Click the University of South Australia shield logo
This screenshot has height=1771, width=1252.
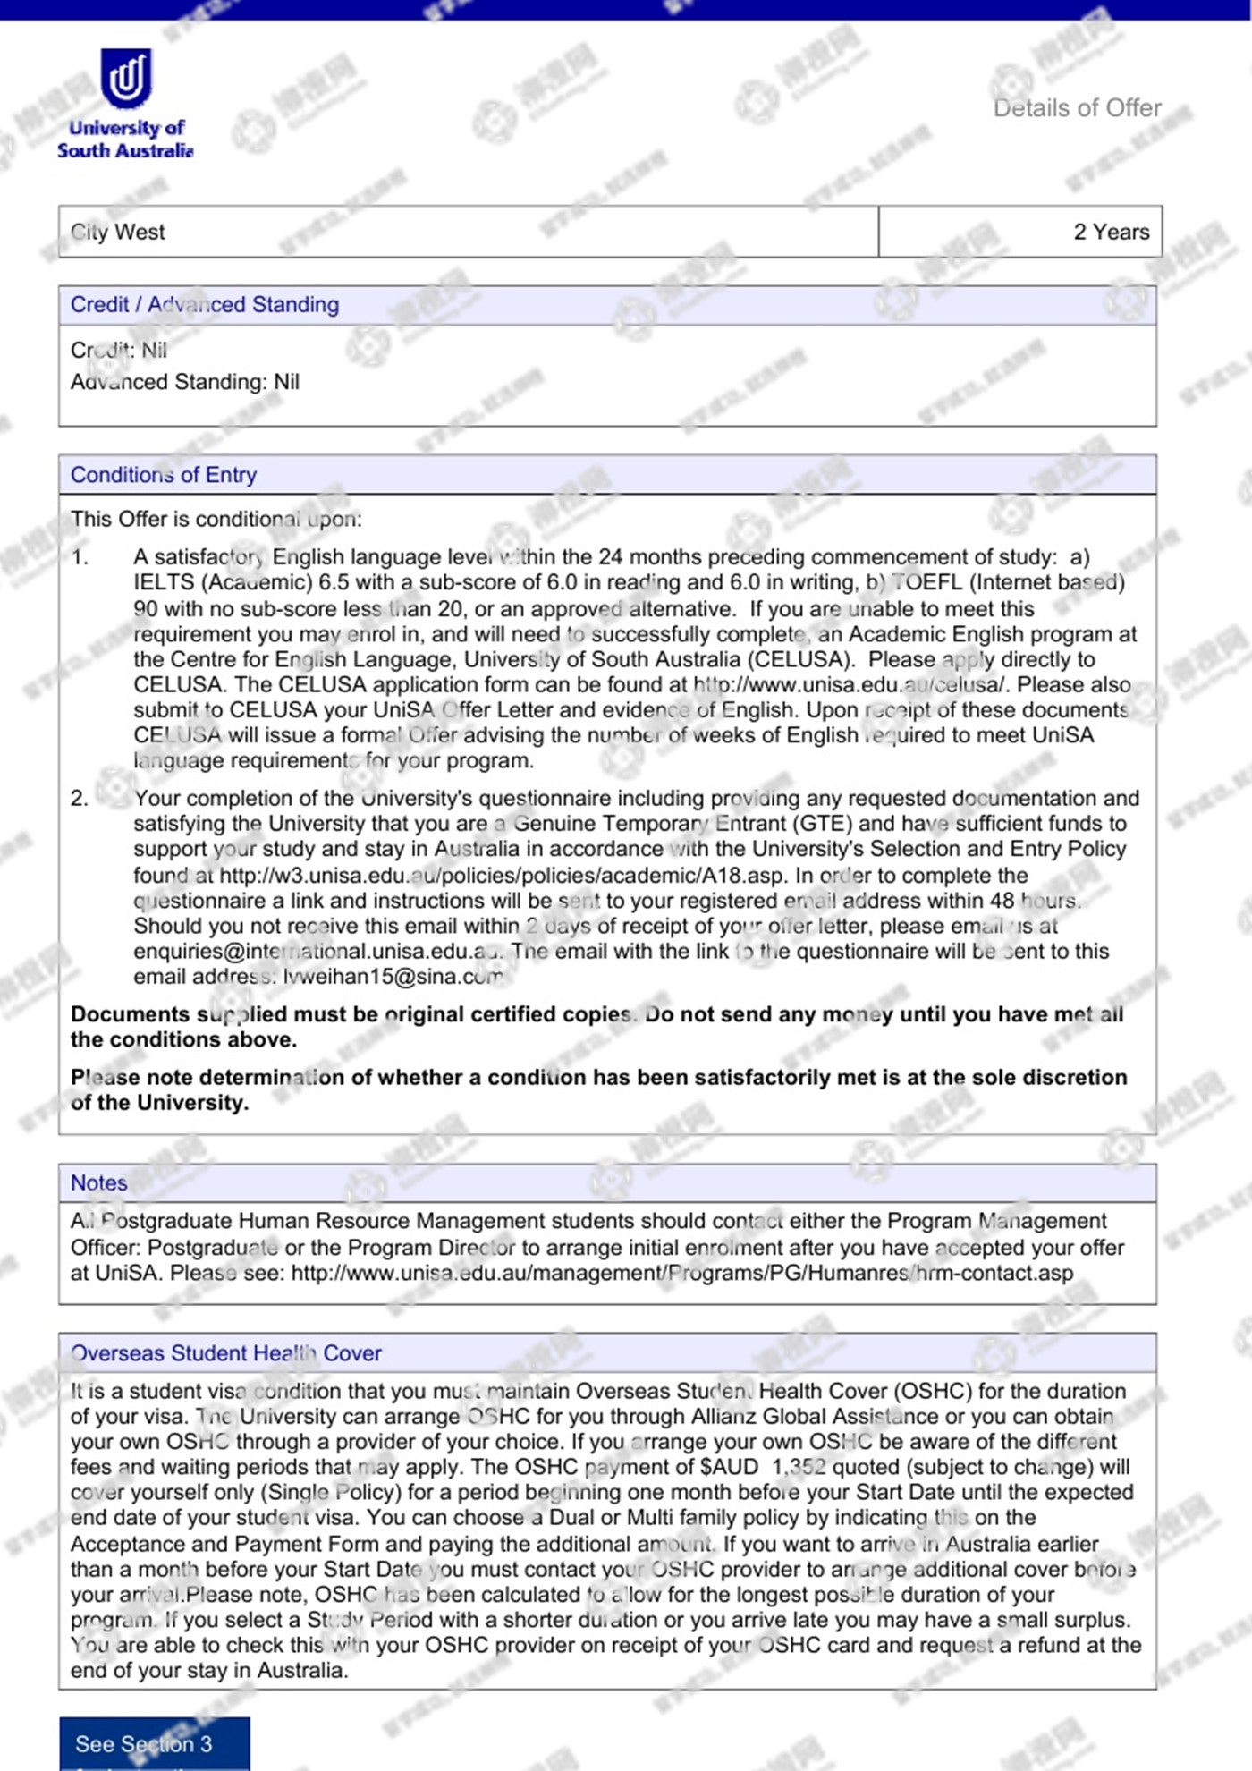point(125,79)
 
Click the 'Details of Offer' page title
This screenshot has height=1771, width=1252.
point(1077,108)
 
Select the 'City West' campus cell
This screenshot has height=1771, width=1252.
point(118,232)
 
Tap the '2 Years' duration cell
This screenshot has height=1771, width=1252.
point(1111,232)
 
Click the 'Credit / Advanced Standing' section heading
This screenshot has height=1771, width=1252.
point(205,305)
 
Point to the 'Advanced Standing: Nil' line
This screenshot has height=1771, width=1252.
point(185,382)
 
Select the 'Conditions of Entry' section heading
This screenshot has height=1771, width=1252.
point(164,475)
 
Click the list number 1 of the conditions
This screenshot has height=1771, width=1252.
point(80,557)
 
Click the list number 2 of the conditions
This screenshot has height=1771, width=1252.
point(80,798)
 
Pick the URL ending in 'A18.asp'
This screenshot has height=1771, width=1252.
point(503,875)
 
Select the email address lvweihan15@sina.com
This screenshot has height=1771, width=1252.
point(393,977)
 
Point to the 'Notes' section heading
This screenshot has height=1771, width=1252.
point(99,1183)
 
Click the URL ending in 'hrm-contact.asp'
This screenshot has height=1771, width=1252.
point(681,1273)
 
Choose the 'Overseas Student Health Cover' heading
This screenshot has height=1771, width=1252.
point(226,1353)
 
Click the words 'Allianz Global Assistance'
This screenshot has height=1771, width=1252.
point(814,1417)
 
